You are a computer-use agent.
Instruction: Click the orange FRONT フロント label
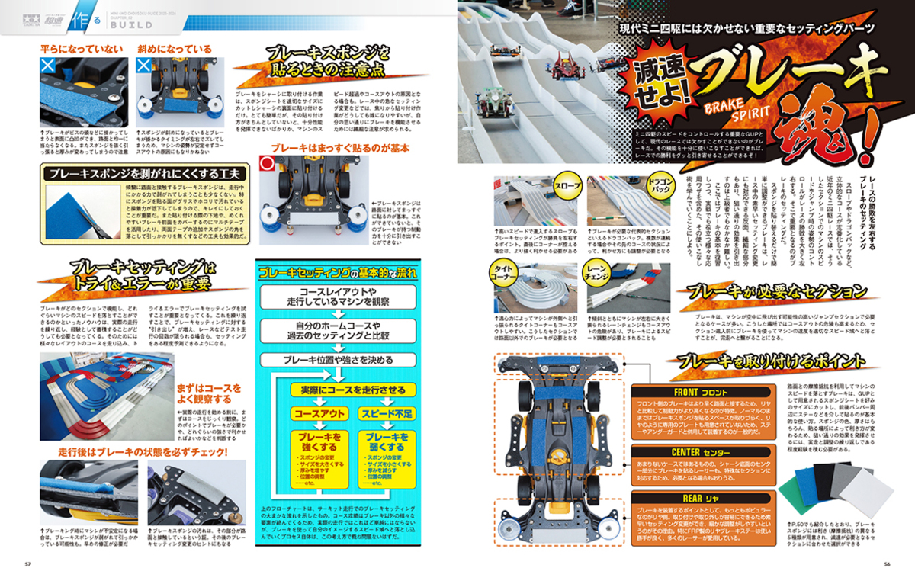tap(691, 392)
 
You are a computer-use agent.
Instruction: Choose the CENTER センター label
tap(690, 452)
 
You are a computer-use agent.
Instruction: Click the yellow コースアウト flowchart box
tap(319, 412)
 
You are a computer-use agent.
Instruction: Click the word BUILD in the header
tap(123, 24)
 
